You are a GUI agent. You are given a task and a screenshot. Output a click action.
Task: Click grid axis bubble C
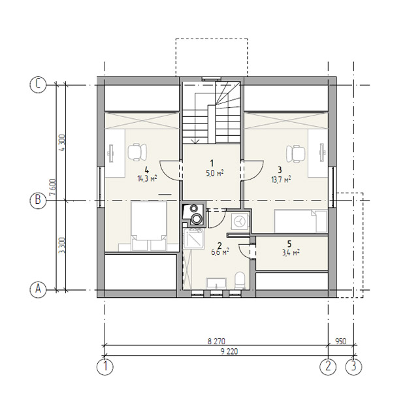click(x=38, y=85)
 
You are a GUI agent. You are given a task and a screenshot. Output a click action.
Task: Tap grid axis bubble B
click(x=38, y=201)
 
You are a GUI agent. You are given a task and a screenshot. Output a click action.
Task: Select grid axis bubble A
click(x=38, y=289)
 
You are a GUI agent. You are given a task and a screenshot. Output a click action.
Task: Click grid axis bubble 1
click(x=105, y=366)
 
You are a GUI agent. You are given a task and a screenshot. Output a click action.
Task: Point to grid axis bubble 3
click(x=353, y=366)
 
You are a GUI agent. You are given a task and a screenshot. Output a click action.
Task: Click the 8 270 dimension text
click(x=216, y=342)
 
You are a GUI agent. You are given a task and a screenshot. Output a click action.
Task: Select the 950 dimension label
click(x=341, y=342)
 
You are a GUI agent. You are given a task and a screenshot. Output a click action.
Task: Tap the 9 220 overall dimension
click(x=229, y=351)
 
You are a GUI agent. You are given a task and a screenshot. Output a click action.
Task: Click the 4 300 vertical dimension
click(x=62, y=142)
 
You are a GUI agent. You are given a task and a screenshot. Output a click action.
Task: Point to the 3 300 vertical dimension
click(x=62, y=246)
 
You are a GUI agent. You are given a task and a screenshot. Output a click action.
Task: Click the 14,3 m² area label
click(x=147, y=179)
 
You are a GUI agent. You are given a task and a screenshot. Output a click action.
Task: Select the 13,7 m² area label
click(x=281, y=179)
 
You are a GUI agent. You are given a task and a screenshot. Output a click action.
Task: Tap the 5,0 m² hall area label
click(x=215, y=173)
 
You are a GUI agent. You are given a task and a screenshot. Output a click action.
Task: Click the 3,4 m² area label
click(x=291, y=252)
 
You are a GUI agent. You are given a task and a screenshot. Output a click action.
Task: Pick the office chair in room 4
click(x=137, y=152)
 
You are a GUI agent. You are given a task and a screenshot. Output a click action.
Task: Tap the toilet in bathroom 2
click(x=240, y=280)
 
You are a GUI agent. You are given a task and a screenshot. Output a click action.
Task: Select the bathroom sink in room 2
click(x=216, y=283)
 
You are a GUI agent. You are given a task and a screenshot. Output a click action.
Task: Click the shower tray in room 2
click(x=194, y=238)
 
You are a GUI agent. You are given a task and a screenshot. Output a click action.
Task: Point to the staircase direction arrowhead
click(x=195, y=140)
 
